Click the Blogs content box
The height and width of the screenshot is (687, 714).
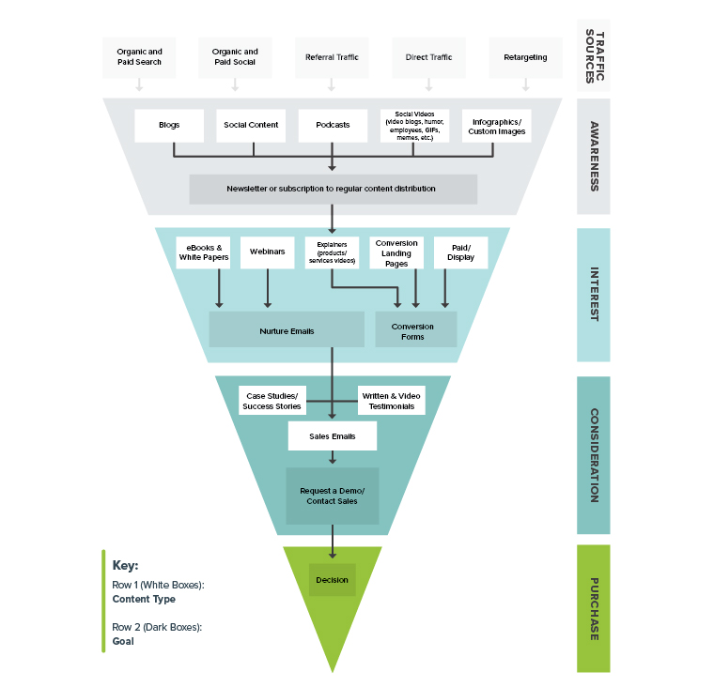[x=169, y=125]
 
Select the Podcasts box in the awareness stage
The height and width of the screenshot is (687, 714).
[x=333, y=125]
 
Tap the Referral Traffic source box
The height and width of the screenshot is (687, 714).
[x=332, y=57]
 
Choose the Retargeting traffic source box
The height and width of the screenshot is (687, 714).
[x=525, y=57]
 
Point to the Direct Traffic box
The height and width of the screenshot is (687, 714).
[x=428, y=57]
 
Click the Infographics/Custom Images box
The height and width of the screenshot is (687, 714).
[x=497, y=126]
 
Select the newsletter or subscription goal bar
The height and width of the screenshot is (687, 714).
[x=333, y=189]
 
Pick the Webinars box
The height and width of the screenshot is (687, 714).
[x=268, y=252]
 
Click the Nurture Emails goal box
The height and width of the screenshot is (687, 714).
[x=287, y=330]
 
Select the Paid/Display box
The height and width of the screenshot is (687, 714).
[x=460, y=252]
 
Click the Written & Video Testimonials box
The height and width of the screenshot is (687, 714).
[x=391, y=401]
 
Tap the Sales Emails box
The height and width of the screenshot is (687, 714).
[x=332, y=436]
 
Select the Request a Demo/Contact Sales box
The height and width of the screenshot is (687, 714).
[x=333, y=496]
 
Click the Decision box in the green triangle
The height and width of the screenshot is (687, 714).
[x=333, y=580]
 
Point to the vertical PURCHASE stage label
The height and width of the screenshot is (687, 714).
[x=594, y=608]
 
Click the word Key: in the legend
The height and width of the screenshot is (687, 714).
[x=125, y=566]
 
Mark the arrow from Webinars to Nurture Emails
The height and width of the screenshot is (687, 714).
[x=268, y=289]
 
